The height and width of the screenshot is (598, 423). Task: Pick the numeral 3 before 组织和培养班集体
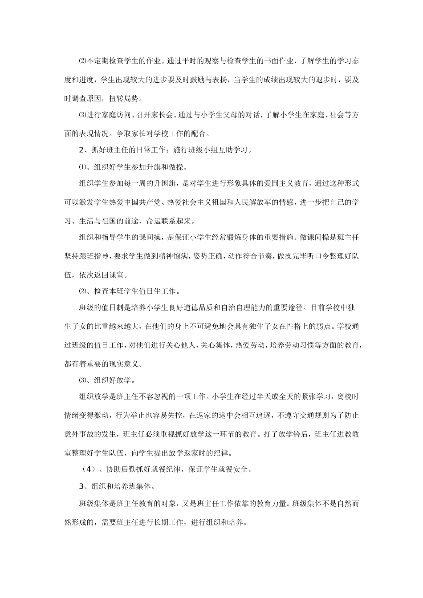click(x=81, y=486)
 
